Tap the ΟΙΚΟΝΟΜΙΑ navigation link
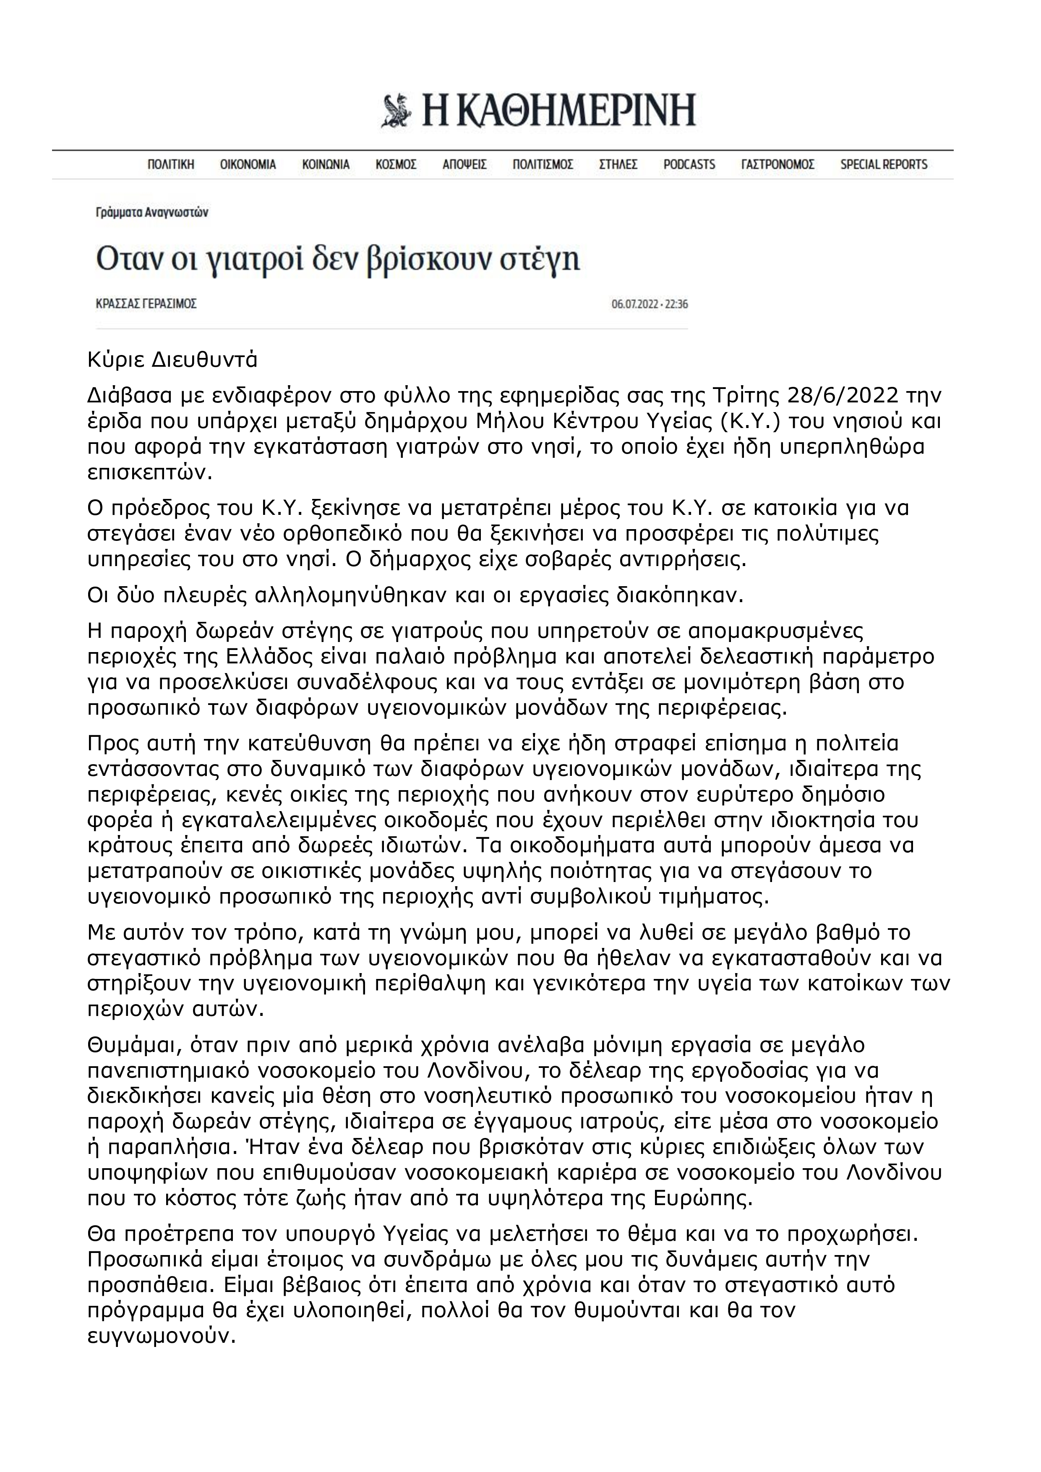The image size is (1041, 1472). pyautogui.click(x=248, y=165)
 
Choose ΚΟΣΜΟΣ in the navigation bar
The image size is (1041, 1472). pyautogui.click(x=396, y=165)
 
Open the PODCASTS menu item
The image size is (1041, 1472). pyautogui.click(x=689, y=165)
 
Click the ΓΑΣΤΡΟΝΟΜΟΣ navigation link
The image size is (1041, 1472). pyautogui.click(x=777, y=165)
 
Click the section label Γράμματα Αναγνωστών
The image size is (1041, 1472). pyautogui.click(x=151, y=212)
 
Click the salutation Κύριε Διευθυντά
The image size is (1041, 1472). pyautogui.click(x=172, y=360)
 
